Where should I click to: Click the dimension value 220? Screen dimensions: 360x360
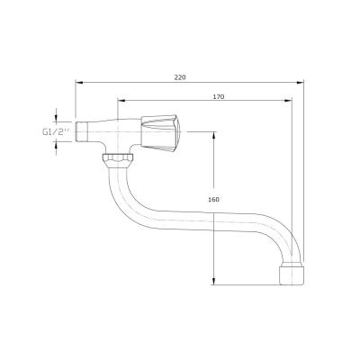(180, 76)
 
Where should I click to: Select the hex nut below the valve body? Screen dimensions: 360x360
(117, 160)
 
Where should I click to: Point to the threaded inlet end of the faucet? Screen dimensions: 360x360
(83, 132)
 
